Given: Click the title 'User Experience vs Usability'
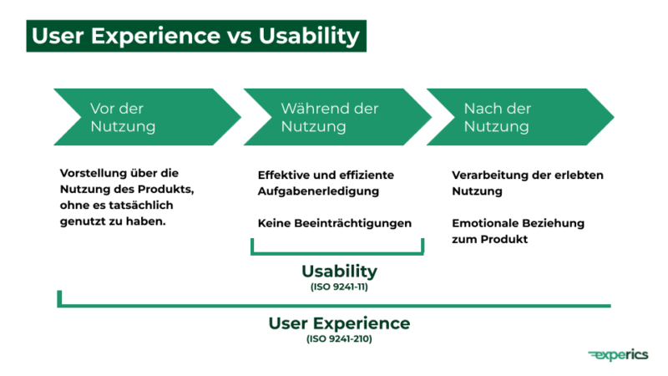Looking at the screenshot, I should coord(195,37).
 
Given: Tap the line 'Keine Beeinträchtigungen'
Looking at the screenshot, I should coord(335,224).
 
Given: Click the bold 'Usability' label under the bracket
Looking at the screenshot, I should coord(339,272).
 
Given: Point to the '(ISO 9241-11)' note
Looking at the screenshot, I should coord(339,287).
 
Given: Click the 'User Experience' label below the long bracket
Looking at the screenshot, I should coord(339,323).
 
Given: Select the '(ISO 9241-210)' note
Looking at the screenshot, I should coord(339,338).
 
